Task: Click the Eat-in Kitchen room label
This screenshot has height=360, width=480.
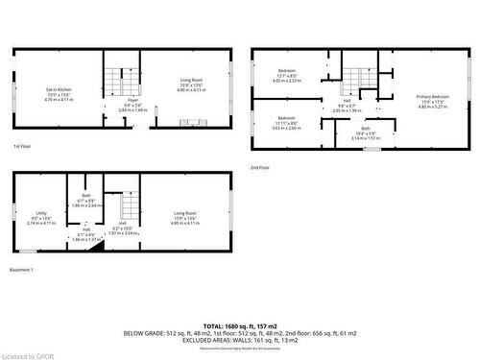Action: point(60,93)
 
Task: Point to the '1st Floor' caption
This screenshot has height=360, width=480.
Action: point(23,146)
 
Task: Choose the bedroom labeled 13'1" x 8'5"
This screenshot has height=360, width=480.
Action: point(288,75)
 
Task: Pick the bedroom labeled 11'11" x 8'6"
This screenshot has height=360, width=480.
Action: point(288,124)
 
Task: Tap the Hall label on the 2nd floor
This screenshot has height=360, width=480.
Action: point(348,104)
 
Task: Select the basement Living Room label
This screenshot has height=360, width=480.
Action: point(185,216)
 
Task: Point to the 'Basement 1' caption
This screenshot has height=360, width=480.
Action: point(22,269)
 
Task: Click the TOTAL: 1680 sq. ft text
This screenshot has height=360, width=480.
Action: point(240,325)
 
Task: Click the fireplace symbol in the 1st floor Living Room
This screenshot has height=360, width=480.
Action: point(192,122)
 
